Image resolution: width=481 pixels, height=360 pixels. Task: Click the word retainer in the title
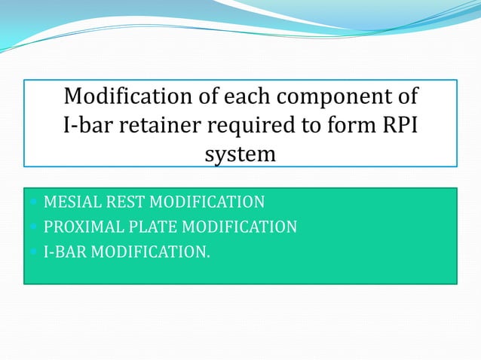pos(158,126)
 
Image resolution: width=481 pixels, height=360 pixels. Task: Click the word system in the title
pos(240,155)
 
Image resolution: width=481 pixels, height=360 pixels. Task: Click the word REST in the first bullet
pos(121,202)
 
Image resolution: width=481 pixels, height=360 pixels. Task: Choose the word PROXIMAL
pos(81,227)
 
